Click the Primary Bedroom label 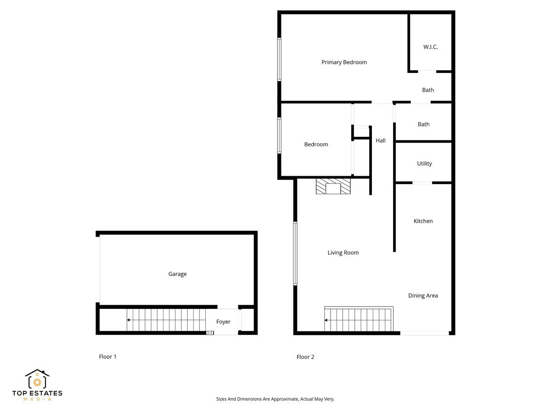[344, 62]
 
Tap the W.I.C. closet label [430, 47]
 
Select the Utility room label [424, 164]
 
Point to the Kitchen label [423, 221]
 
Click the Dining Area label [423, 296]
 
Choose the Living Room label [343, 253]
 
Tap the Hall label [381, 141]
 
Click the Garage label [177, 274]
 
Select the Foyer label [223, 322]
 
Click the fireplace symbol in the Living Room [333, 187]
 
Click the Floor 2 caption [305, 357]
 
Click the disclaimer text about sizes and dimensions [275, 399]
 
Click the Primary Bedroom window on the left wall [279, 60]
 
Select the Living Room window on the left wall [295, 254]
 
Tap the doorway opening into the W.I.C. [427, 72]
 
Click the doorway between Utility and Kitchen [422, 183]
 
